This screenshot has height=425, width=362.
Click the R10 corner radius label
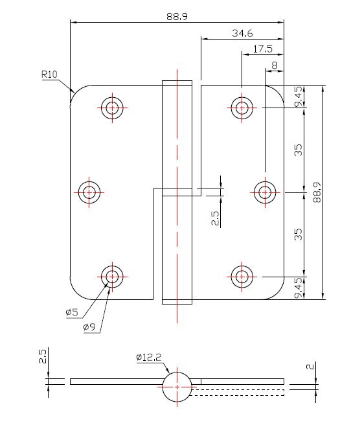(50, 75)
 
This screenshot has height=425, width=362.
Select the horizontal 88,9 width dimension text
(176, 17)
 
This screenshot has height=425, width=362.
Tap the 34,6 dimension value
(241, 32)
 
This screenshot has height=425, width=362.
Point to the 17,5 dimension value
(262, 49)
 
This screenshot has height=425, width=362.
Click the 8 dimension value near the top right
(275, 65)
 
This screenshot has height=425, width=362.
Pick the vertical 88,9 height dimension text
(317, 192)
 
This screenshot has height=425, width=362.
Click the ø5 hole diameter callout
(71, 312)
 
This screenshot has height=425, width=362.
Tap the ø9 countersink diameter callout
(89, 327)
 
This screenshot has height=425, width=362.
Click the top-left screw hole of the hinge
(112, 108)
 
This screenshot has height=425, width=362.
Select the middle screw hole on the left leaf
(89, 192)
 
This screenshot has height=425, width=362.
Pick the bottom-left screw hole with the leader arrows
(112, 276)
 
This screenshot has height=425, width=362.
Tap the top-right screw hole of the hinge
(242, 108)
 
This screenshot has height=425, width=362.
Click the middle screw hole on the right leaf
(264, 192)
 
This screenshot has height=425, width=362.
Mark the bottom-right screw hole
(242, 276)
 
